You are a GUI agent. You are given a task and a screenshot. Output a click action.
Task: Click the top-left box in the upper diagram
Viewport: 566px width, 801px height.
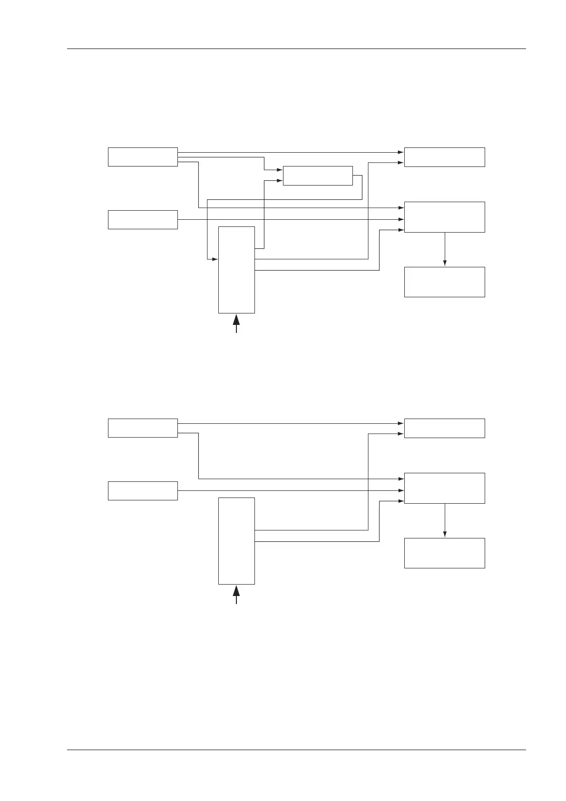tap(143, 157)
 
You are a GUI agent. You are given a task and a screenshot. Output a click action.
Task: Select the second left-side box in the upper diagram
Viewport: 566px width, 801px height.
tap(143, 219)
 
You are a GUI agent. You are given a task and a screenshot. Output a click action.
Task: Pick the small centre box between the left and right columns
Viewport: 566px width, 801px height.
tap(318, 176)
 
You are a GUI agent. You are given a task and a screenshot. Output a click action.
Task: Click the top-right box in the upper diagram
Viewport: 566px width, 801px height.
tap(444, 157)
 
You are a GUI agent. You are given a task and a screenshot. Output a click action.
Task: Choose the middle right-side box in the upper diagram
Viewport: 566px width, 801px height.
tap(444, 217)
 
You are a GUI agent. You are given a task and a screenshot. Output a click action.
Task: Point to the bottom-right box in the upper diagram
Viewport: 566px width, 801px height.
tap(444, 282)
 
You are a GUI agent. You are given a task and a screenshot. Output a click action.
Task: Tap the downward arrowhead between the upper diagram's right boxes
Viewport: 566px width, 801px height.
tap(445, 263)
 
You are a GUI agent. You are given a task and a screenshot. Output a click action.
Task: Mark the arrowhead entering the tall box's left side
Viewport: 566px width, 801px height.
tap(215, 259)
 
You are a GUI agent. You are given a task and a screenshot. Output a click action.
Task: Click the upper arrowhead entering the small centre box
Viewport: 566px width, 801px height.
tap(280, 170)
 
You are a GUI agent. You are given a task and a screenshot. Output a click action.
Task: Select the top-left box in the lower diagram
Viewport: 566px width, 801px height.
tap(143, 428)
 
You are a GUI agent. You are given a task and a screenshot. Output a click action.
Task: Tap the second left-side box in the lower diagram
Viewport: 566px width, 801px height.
tap(143, 490)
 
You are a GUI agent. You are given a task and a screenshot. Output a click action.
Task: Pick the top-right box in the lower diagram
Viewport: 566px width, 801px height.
tap(444, 428)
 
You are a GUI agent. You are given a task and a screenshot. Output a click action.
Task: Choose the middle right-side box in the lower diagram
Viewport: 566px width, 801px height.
tap(444, 488)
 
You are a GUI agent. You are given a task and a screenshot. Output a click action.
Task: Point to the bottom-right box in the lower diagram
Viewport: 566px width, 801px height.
tap(444, 553)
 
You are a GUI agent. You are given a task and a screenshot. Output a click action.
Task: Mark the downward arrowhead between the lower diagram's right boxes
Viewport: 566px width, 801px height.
tap(445, 534)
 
